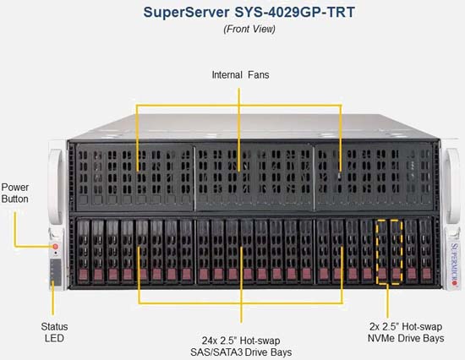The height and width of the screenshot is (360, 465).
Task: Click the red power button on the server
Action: click(56, 247)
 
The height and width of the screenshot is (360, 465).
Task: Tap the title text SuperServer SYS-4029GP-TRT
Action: click(249, 13)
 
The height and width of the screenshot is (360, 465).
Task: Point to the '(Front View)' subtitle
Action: click(249, 29)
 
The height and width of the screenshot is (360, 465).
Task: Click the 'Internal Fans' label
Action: click(240, 74)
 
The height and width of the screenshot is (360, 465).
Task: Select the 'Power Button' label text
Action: click(15, 193)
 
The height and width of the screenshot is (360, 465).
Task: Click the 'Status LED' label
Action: click(54, 332)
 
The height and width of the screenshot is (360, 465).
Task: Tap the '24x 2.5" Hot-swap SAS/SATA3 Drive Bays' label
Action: click(241, 346)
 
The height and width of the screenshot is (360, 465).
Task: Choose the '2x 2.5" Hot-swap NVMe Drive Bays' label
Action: click(406, 332)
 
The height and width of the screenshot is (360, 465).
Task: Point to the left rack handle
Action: click(57, 186)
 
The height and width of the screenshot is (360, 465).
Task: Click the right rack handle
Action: click(452, 186)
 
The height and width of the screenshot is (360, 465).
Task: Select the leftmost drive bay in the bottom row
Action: click(84, 251)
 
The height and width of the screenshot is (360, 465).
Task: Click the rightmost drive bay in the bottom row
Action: click(426, 251)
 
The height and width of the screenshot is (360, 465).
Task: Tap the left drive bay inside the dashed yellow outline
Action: click(382, 252)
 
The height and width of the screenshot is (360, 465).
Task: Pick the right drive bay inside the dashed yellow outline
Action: click(397, 252)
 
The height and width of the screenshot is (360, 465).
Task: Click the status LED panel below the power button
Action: click(56, 271)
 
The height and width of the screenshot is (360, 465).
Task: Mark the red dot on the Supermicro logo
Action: click(454, 283)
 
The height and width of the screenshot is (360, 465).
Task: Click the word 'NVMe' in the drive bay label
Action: click(381, 338)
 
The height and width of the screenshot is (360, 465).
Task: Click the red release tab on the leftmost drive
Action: click(84, 275)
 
